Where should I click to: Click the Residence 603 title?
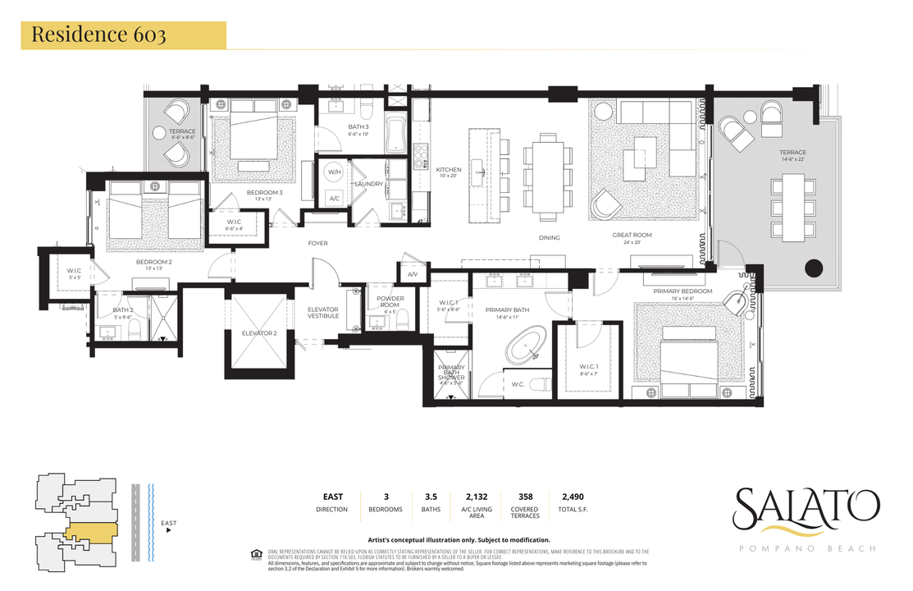[x=98, y=35]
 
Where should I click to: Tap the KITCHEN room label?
[x=448, y=170]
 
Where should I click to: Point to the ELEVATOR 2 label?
[x=259, y=333]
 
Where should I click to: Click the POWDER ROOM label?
[x=390, y=302]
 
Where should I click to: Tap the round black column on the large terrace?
[x=814, y=268]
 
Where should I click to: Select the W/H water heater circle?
[x=335, y=173]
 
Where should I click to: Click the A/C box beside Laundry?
[x=335, y=199]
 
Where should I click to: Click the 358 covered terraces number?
[x=525, y=497]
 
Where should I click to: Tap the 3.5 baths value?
[x=431, y=497]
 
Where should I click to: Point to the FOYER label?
[x=317, y=243]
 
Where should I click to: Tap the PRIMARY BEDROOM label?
[x=682, y=291]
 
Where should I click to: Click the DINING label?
[x=549, y=238]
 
